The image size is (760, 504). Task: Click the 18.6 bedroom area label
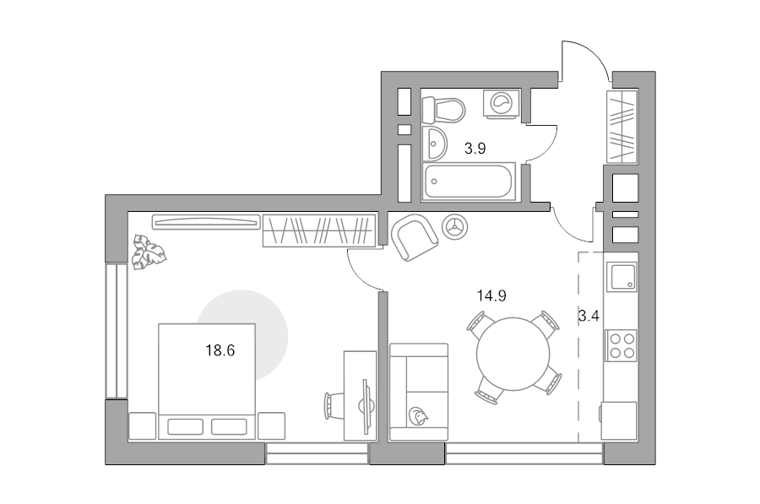coord(220,350)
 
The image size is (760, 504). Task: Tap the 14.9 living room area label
coord(491,295)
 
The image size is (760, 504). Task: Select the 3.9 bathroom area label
coord(475,149)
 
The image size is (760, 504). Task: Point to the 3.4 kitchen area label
coord(589,317)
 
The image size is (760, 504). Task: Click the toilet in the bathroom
coord(443,110)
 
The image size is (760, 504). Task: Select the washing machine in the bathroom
coord(502,103)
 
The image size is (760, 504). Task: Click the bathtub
coord(470,182)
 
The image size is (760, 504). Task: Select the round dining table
coord(513,354)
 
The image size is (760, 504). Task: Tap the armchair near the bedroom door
coord(415,237)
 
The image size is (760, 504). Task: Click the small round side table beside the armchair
coord(455,227)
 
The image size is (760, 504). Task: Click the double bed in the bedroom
coord(207,382)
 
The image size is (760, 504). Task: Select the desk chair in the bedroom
coord(334,405)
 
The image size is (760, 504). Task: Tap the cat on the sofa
coord(418,416)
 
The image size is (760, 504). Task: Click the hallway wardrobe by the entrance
coord(622,127)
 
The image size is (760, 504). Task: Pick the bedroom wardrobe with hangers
coord(319,230)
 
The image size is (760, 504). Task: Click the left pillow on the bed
coord(185,427)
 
